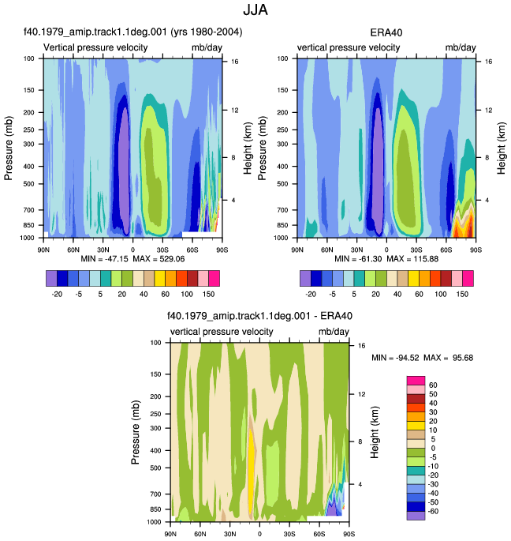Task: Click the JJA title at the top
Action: (255, 9)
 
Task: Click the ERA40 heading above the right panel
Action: (386, 33)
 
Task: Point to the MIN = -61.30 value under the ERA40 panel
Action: (358, 259)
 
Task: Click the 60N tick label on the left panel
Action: (73, 250)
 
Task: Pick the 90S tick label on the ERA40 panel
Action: (476, 250)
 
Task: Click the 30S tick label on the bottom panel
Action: (289, 534)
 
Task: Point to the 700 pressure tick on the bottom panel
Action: (156, 494)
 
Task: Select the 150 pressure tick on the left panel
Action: (29, 90)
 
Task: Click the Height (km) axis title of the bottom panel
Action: (375, 432)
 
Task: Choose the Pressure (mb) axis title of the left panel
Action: (8, 148)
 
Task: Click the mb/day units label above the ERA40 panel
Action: (461, 47)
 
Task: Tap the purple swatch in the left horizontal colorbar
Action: (51, 279)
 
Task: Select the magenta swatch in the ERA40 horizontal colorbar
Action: (468, 279)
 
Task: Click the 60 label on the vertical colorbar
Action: (433, 385)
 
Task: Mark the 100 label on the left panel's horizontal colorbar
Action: (187, 294)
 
